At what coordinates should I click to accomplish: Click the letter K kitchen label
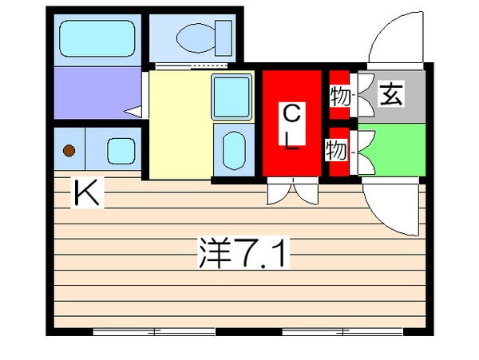pos(87,194)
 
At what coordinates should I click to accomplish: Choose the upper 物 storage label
pos(339,96)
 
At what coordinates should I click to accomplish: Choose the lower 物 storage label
pos(336,149)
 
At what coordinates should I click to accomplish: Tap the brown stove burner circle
pos(69,149)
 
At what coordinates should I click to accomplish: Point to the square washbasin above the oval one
pos(232,96)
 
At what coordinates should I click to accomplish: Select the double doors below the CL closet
pos(292,191)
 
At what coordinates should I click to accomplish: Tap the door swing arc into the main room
pos(391,208)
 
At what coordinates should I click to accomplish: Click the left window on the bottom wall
pos(152,330)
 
